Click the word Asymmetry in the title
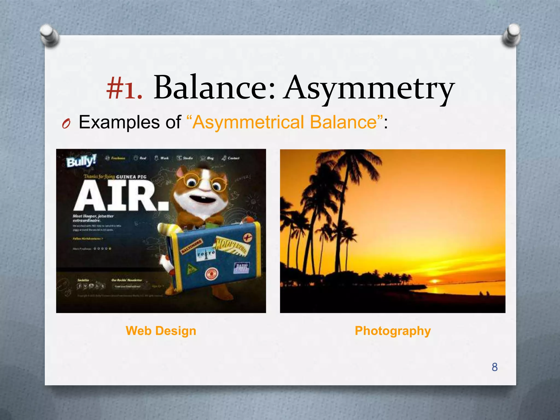(x=369, y=88)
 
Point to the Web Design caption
(x=161, y=331)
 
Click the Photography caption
(x=393, y=331)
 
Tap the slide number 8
(x=495, y=367)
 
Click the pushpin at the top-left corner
(x=49, y=35)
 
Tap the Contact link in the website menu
(x=233, y=158)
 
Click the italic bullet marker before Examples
(x=66, y=124)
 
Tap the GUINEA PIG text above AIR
(x=131, y=177)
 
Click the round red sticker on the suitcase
(x=211, y=274)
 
